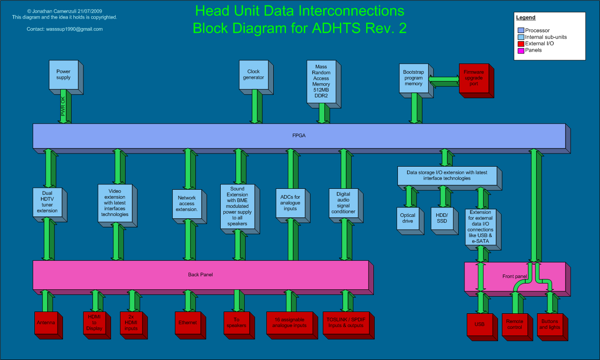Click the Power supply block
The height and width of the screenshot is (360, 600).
click(63, 75)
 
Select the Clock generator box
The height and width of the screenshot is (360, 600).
click(254, 75)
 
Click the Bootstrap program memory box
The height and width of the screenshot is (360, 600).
click(413, 78)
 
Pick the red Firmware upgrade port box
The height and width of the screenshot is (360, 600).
click(474, 78)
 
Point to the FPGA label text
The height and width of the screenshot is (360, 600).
click(299, 135)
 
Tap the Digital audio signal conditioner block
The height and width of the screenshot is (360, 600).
click(343, 203)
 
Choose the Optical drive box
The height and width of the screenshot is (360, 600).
click(407, 218)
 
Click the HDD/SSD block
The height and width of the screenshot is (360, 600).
click(442, 218)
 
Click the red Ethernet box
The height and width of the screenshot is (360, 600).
click(188, 323)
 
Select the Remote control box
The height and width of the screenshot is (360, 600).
click(515, 324)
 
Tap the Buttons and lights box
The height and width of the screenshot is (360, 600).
click(550, 324)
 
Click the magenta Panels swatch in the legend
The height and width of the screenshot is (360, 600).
click(521, 50)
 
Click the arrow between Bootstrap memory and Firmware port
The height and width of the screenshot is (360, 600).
click(444, 81)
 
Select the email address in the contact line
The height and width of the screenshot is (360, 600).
click(74, 29)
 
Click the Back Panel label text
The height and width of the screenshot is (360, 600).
click(200, 275)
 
